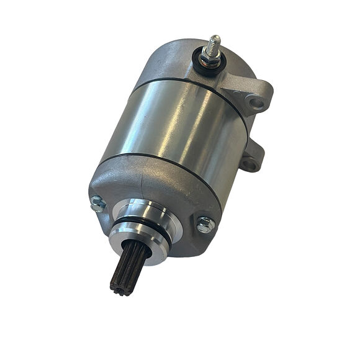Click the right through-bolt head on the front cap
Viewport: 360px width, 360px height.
[205, 224]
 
